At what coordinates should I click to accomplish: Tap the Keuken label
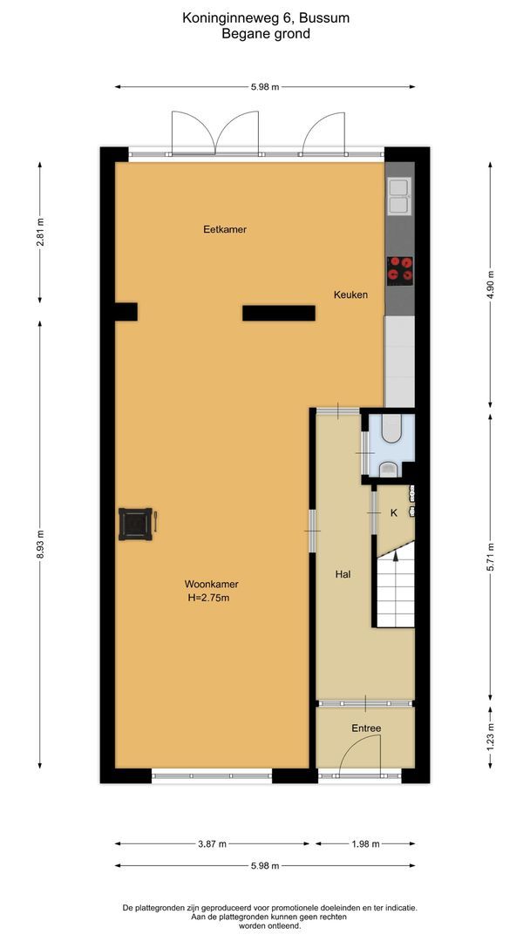tap(350, 295)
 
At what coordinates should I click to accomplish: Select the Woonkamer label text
tap(211, 585)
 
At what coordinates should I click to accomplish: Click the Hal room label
tap(343, 575)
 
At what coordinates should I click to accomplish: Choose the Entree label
tap(366, 728)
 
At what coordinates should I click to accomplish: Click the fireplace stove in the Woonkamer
tap(136, 524)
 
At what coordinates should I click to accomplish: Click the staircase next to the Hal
tap(396, 588)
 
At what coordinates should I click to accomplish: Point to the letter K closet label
tap(393, 513)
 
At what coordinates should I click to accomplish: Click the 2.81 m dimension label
tap(40, 233)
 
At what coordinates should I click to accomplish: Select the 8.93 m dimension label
tap(40, 545)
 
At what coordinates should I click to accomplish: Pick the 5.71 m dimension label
tap(491, 558)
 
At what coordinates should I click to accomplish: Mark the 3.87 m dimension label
tap(212, 843)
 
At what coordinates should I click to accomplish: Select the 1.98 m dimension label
tap(365, 843)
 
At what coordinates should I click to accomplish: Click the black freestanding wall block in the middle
tap(278, 313)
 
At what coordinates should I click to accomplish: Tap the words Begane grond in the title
tap(266, 34)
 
